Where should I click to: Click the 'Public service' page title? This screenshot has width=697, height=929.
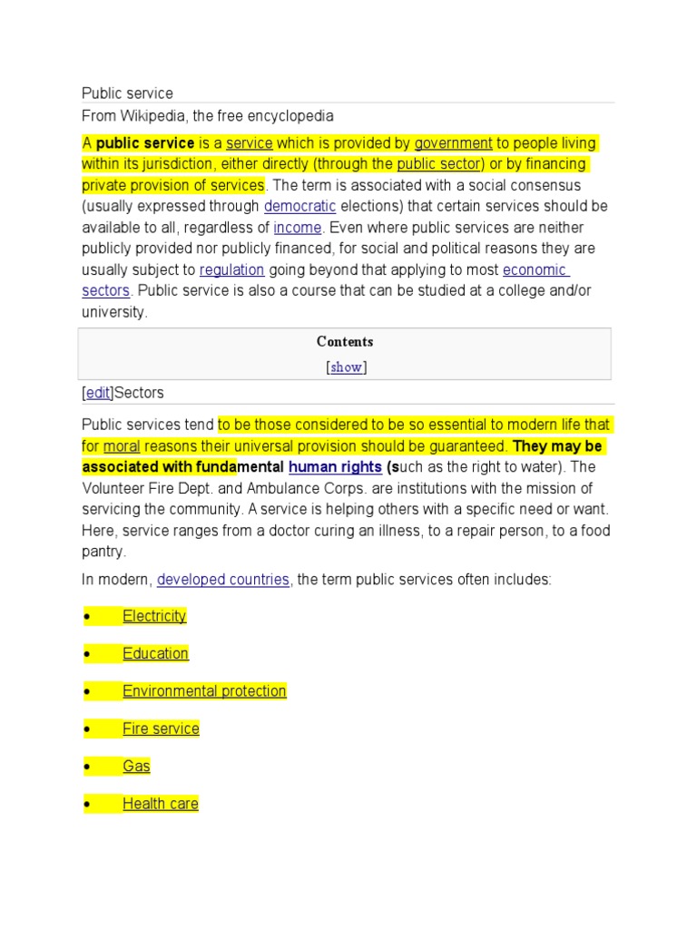pos(127,93)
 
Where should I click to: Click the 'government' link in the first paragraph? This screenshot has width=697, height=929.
pos(453,143)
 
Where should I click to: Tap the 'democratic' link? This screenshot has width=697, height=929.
pos(299,206)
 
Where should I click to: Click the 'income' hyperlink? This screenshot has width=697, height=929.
pos(297,228)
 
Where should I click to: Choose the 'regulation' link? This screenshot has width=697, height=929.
pos(231,269)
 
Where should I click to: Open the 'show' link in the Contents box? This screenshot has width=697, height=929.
pos(345,367)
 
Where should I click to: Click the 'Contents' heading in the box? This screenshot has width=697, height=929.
pos(345,342)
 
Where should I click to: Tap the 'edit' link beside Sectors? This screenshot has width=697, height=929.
pos(97,393)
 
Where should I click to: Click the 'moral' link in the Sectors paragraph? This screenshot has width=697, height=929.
pos(122,446)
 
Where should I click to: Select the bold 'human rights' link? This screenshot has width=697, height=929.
pos(335,467)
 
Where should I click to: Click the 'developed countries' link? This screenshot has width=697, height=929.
pos(223,579)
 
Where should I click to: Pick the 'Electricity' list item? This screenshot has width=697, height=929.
pos(154,616)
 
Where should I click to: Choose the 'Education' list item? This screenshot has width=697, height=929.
pos(155,653)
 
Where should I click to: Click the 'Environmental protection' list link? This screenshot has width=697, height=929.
pos(204,691)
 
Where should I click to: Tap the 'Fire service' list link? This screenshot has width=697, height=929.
pos(161,729)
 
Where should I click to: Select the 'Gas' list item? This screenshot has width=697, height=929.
pos(136,767)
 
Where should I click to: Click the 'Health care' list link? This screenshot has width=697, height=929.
pos(160,804)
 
